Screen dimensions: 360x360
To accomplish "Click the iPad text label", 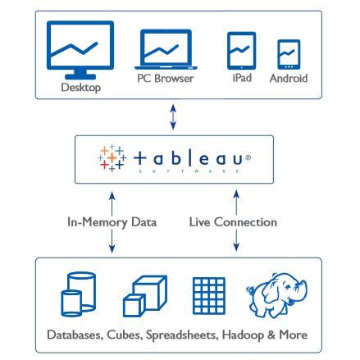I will pyautogui.click(x=242, y=78).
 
